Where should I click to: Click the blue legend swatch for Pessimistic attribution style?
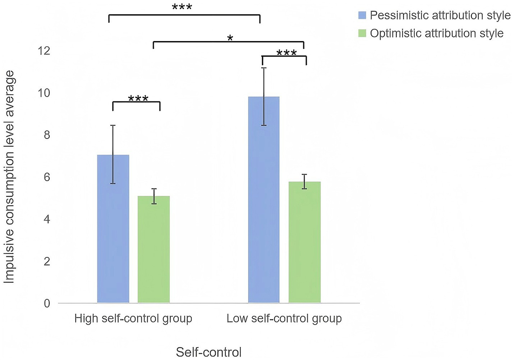pyautogui.click(x=362, y=15)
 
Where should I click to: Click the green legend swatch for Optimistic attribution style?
pyautogui.click(x=362, y=33)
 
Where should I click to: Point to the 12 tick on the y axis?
pyautogui.click(x=44, y=51)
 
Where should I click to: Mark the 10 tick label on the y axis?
pyautogui.click(x=44, y=93)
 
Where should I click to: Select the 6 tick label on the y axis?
pyautogui.click(x=46, y=177)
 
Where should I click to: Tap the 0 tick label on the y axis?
pyautogui.click(x=47, y=304)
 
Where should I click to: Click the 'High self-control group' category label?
pyautogui.click(x=133, y=319)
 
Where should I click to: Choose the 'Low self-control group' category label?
pyautogui.click(x=284, y=319)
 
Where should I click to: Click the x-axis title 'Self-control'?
pyautogui.click(x=208, y=352)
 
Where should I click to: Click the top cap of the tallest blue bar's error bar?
pyautogui.click(x=264, y=68)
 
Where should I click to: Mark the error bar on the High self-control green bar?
pyautogui.click(x=154, y=196)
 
